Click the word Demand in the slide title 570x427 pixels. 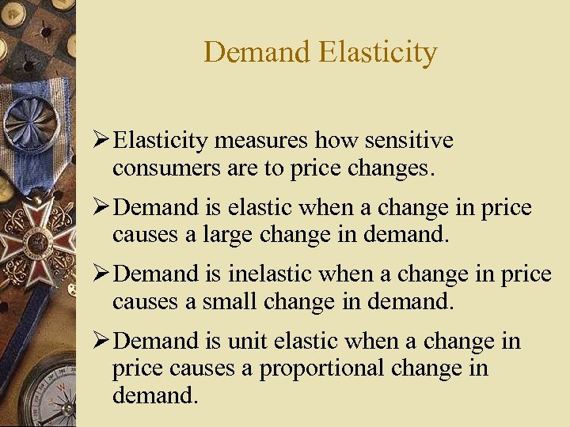[256, 52]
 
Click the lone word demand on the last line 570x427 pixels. [154, 395]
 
